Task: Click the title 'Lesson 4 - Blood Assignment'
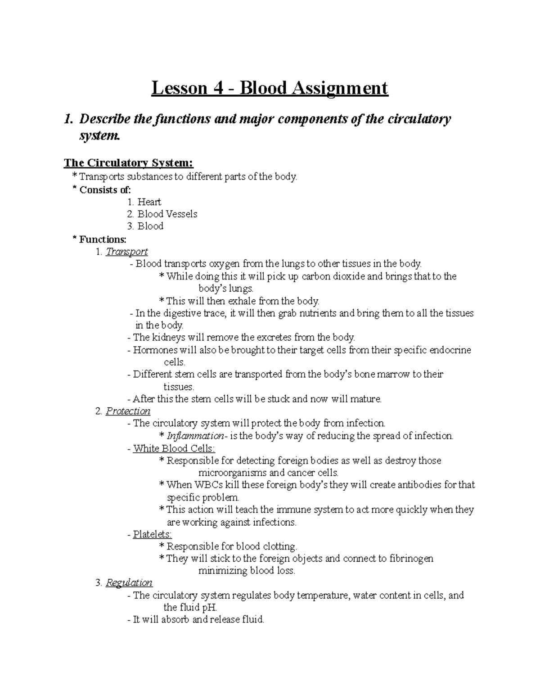pyautogui.click(x=270, y=88)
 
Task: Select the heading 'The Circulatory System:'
pyautogui.click(x=129, y=162)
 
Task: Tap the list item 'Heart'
pyautogui.click(x=149, y=202)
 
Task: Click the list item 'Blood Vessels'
pyautogui.click(x=167, y=214)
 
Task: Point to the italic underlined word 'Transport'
pyautogui.click(x=126, y=252)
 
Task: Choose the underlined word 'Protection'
pyautogui.click(x=128, y=411)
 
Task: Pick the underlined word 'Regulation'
pyautogui.click(x=129, y=583)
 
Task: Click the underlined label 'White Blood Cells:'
pyautogui.click(x=174, y=449)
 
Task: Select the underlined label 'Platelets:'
pyautogui.click(x=153, y=535)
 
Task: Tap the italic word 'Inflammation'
pyautogui.click(x=195, y=436)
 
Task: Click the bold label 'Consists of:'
pyautogui.click(x=105, y=190)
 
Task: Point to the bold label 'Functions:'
pyautogui.click(x=103, y=239)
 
